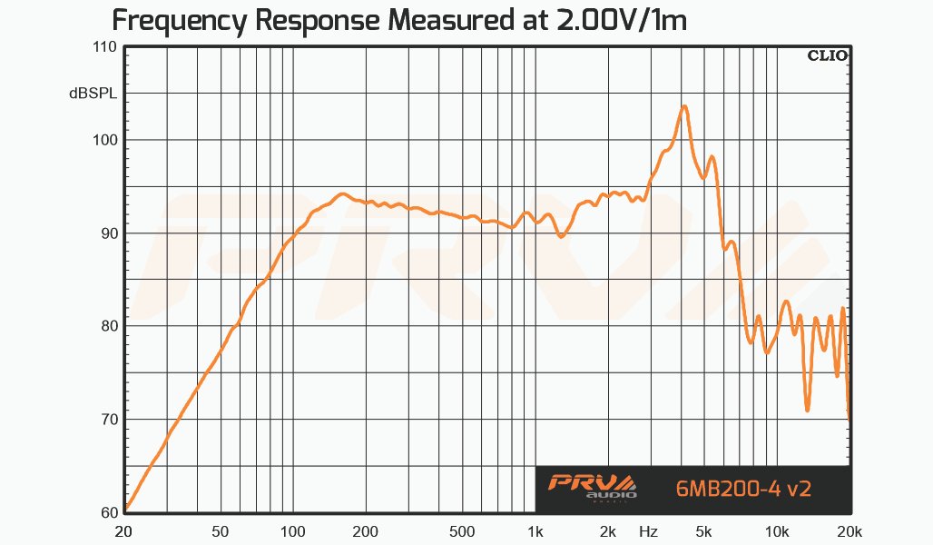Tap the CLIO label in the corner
(x=827, y=55)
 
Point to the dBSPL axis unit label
(x=93, y=93)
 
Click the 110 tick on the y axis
(x=106, y=47)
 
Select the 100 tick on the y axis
(x=106, y=140)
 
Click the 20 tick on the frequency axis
(x=126, y=530)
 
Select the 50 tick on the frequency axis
(x=221, y=530)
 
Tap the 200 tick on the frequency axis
(x=365, y=530)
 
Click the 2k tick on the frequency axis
(x=607, y=530)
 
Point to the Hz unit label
(x=648, y=530)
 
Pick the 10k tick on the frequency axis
(x=775, y=530)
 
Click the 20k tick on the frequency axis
(x=848, y=530)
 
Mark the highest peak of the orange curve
(x=684, y=106)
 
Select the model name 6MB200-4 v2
(x=743, y=488)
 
